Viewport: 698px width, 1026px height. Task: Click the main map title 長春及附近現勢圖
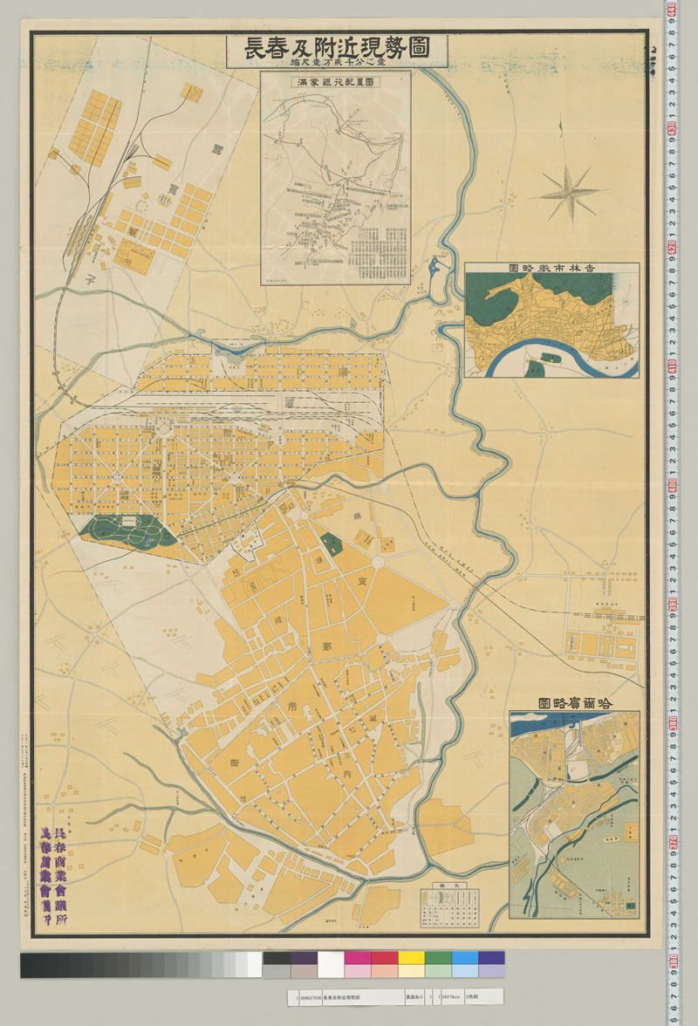[x=337, y=48]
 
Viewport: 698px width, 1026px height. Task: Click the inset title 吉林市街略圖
[x=551, y=269]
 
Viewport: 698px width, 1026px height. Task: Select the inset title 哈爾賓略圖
[x=574, y=702]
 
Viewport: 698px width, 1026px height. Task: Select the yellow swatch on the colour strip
[x=411, y=957]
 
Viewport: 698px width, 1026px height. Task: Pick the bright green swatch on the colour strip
[x=438, y=957]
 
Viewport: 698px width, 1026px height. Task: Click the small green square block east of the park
[x=330, y=545]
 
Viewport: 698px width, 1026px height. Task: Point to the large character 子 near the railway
[x=92, y=281]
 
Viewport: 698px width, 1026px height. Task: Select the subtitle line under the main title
[x=337, y=64]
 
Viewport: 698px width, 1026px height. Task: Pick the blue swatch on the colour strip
[x=465, y=957]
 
